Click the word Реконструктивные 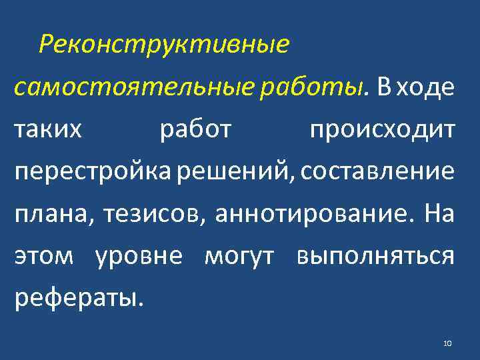tap(164, 45)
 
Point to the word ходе tap(427, 87)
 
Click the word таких tap(49, 129)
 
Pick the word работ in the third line tap(195, 129)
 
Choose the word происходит tap(383, 129)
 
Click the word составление tap(377, 172)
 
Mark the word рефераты tap(79, 298)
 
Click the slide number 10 tap(447, 343)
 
